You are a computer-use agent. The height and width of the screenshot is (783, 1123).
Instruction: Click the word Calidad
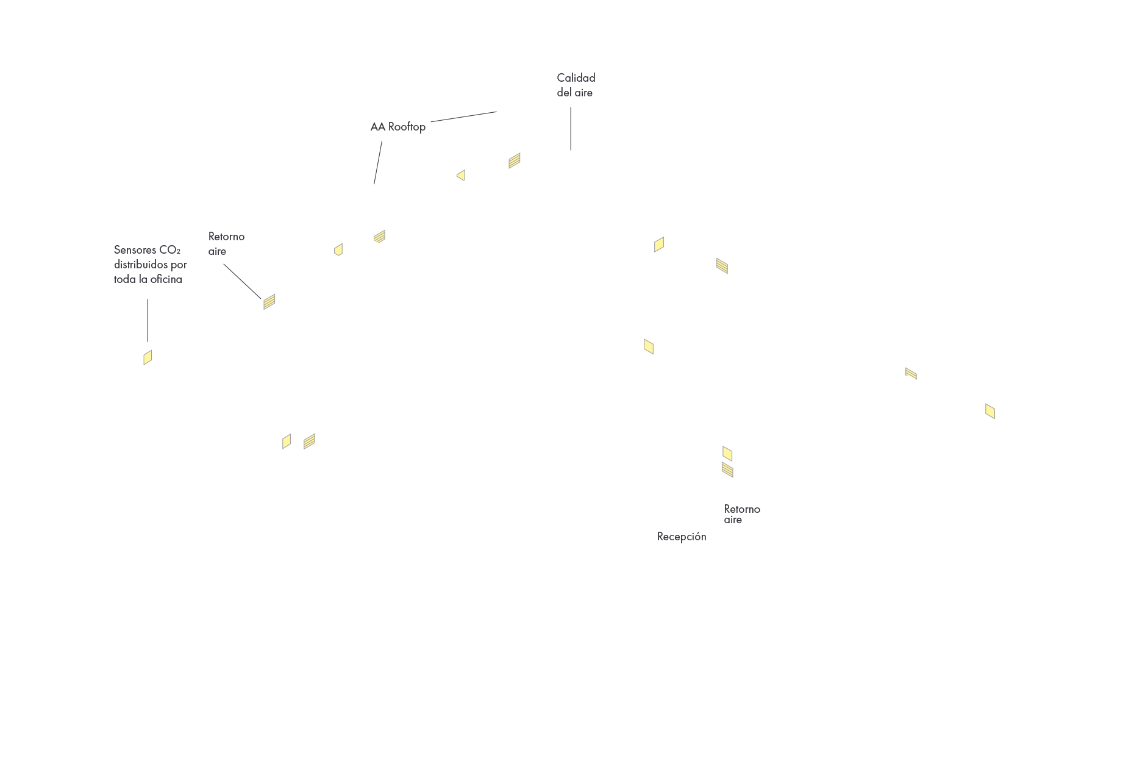(576, 78)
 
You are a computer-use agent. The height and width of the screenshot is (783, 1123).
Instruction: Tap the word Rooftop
(407, 127)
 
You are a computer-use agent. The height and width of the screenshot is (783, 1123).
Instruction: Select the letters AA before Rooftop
(378, 127)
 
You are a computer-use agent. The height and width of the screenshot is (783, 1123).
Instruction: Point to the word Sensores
(135, 250)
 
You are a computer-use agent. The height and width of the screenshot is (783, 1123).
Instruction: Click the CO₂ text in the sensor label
(170, 250)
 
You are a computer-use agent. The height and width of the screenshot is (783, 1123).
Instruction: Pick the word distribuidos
(141, 265)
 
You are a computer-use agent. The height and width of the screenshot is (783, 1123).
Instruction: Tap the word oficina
(166, 279)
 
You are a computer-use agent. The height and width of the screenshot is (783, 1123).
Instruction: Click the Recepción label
(682, 537)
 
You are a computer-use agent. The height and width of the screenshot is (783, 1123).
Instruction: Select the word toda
(124, 279)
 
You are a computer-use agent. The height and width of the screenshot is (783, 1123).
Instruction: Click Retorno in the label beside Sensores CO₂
(226, 237)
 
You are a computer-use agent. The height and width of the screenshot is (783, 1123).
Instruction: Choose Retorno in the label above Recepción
(742, 509)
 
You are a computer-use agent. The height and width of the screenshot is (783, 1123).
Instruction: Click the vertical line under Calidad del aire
(571, 129)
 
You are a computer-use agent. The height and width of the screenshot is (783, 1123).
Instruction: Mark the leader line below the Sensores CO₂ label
(148, 320)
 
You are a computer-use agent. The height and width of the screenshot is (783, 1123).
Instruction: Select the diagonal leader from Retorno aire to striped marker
(242, 281)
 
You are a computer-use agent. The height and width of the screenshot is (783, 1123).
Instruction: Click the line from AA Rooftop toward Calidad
(463, 116)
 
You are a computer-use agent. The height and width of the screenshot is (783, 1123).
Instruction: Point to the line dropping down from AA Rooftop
(378, 163)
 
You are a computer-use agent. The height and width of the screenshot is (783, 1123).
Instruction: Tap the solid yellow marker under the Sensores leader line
(148, 357)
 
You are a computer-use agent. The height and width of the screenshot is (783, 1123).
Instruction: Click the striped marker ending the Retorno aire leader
(269, 301)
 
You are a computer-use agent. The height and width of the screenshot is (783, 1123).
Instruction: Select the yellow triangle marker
(462, 176)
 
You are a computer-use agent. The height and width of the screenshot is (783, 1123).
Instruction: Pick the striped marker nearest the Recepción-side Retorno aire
(727, 470)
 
